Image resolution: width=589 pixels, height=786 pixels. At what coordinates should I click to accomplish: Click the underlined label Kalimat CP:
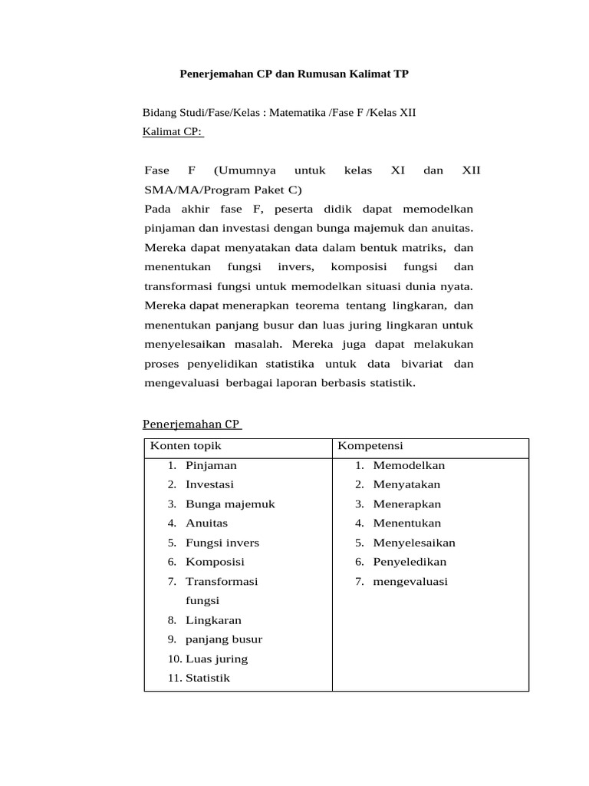pos(173,131)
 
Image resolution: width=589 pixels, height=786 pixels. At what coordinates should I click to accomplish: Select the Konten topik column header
pos(186,446)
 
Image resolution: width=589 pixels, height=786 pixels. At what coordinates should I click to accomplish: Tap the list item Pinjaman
pos(211,465)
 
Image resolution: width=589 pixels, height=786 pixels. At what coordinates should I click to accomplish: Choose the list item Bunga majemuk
pos(230,504)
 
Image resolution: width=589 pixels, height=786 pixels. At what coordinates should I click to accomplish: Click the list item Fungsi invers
pos(222,543)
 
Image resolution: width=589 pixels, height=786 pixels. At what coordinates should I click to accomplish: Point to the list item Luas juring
pos(216,659)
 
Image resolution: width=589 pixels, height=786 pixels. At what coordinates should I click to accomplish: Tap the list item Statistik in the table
pos(207,678)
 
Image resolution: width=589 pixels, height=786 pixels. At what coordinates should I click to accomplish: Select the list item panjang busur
pos(224,639)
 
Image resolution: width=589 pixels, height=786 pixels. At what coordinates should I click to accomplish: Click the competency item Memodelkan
pos(409,465)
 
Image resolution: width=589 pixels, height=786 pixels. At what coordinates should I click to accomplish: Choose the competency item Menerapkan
pos(407,504)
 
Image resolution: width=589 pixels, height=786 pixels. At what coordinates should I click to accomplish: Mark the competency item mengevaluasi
pos(410,581)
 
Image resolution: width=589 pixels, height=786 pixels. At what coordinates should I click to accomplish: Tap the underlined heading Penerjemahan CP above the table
pos(192,424)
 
